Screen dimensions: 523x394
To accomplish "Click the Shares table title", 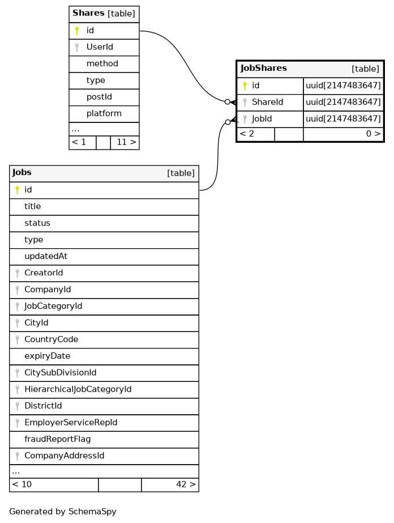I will (x=89, y=13).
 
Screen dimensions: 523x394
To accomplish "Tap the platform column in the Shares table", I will (x=104, y=113).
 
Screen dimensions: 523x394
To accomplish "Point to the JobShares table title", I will (x=264, y=69).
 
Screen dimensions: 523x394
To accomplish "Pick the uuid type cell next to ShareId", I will (x=343, y=103).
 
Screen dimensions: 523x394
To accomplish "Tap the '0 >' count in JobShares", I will (x=372, y=134).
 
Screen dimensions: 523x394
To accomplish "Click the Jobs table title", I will (x=22, y=173).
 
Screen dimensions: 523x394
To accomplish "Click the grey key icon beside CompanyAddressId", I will (x=18, y=456).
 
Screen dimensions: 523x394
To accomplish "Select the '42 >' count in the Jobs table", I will (x=186, y=484).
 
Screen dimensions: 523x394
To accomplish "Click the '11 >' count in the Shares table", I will (x=126, y=142).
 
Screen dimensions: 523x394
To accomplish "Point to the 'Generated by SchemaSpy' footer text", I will (x=63, y=512).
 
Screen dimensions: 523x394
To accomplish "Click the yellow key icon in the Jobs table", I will (x=18, y=190).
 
